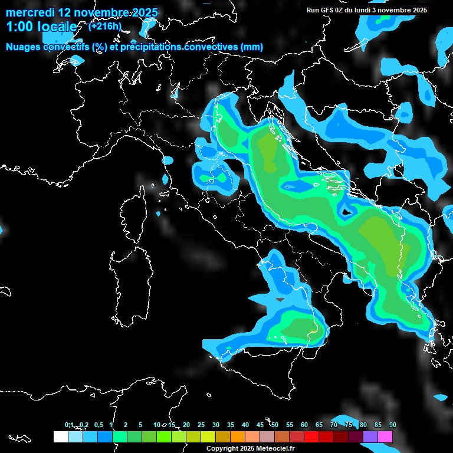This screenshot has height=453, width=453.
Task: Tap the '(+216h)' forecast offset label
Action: coord(105,27)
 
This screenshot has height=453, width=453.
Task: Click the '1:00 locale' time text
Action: coord(41,27)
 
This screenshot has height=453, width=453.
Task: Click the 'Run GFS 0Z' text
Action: coord(326,10)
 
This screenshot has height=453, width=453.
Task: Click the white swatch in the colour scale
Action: coord(60,436)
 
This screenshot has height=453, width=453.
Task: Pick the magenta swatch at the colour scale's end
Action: coord(385,436)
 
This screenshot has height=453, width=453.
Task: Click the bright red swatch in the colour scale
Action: coord(311,436)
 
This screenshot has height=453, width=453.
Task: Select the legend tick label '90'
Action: coord(393,425)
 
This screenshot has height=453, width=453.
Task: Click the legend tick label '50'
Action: coord(275,425)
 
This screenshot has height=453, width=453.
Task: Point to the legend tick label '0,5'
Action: coord(98,425)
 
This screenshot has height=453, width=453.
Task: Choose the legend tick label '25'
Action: coord(201,425)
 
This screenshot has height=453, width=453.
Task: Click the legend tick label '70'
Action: coord(334,425)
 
